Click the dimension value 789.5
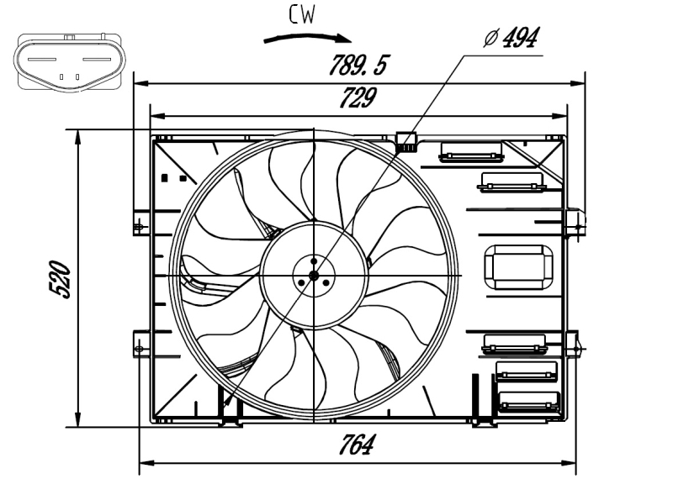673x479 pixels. tap(358, 66)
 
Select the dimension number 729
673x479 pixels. tap(357, 97)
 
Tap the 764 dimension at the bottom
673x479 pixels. tap(356, 445)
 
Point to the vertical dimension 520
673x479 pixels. tap(60, 279)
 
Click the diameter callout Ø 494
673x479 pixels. tap(511, 38)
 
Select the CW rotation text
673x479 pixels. tap(302, 14)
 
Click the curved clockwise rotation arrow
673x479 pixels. tap(307, 38)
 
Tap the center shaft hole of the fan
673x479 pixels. tap(314, 276)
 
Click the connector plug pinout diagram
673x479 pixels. tap(70, 63)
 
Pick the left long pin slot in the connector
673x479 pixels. tap(42, 59)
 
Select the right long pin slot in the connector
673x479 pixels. tap(97, 59)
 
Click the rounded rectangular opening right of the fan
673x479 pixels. tap(518, 267)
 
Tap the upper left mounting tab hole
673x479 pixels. tap(139, 226)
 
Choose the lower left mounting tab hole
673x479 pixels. tap(139, 348)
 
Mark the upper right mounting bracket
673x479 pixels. tap(575, 223)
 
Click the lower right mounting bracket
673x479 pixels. tap(573, 345)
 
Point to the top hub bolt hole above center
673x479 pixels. tap(314, 261)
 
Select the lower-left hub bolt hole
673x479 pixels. tap(301, 283)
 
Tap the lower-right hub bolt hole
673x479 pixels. tap(326, 283)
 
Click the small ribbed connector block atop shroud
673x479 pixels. tap(406, 142)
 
